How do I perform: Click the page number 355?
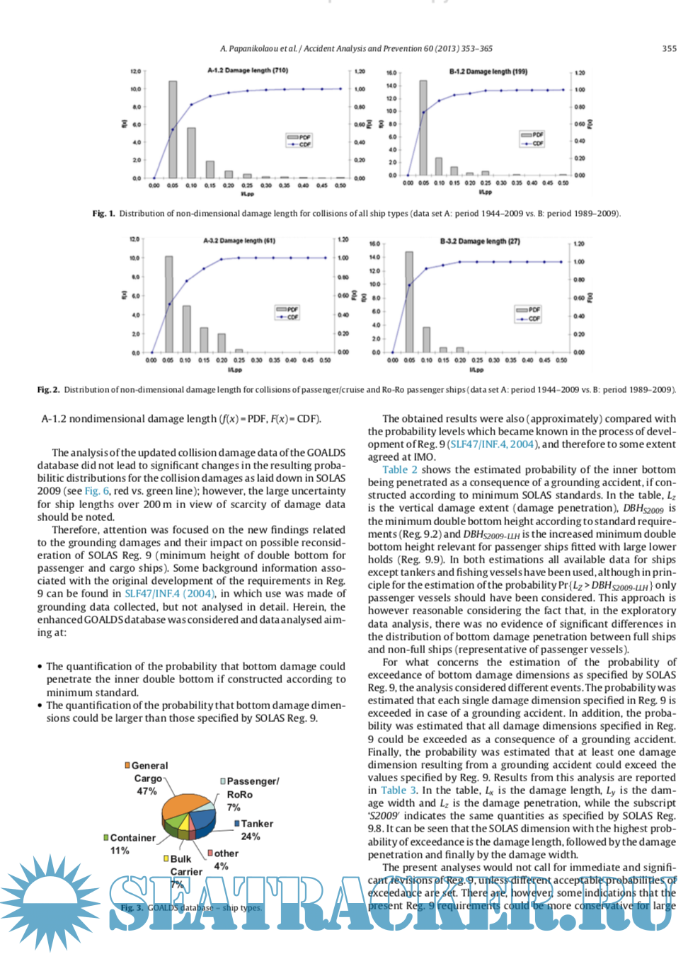click(669, 49)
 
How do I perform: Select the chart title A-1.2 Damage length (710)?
click(247, 71)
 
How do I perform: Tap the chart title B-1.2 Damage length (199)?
click(488, 71)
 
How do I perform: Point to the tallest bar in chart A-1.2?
click(173, 130)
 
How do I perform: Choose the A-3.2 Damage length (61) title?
click(239, 241)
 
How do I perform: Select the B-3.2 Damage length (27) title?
click(479, 241)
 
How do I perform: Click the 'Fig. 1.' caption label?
click(103, 214)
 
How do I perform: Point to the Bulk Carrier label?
click(183, 866)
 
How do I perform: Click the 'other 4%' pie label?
click(224, 859)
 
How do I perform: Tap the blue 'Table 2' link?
click(399, 470)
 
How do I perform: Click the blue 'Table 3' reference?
click(399, 791)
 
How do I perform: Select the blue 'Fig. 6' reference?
click(97, 491)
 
